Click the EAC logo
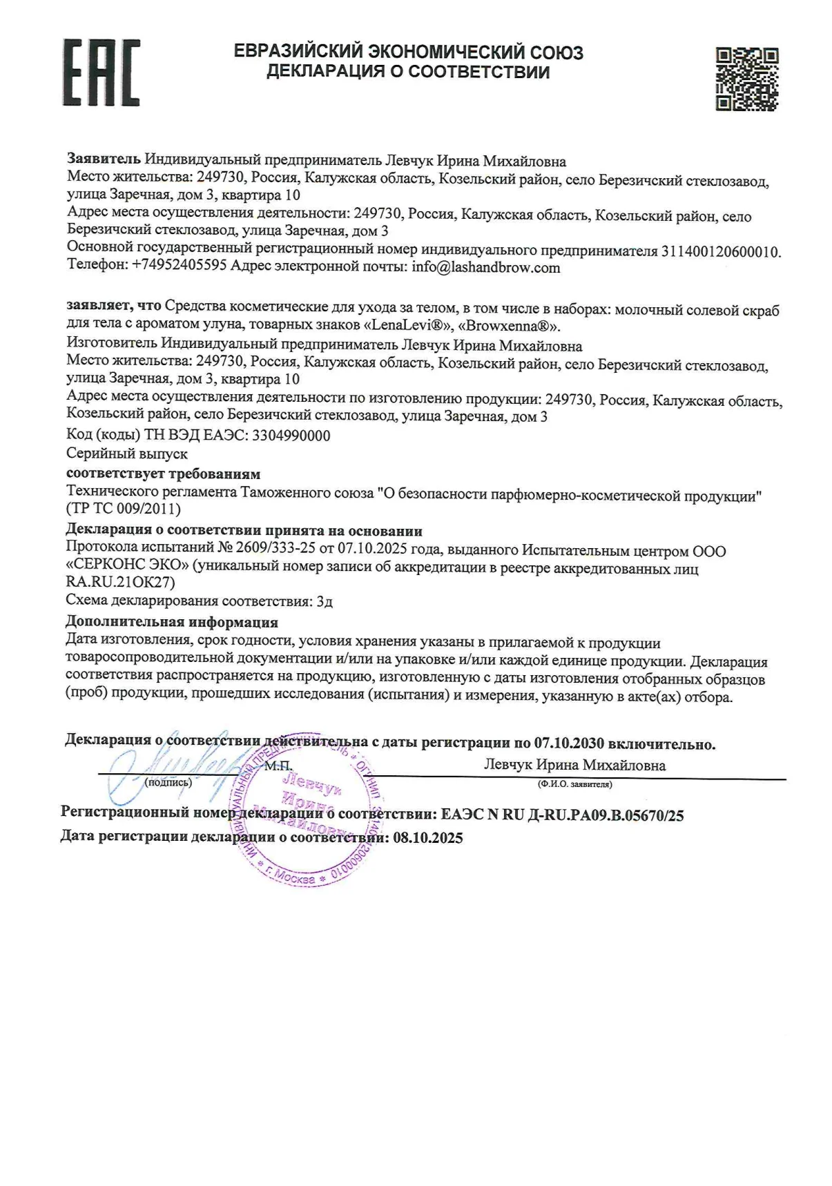[101, 72]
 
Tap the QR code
[746, 79]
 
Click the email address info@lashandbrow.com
[485, 268]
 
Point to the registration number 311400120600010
[720, 251]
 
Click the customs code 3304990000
[291, 436]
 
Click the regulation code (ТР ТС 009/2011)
[124, 509]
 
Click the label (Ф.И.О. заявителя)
[574, 784]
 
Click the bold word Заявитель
[104, 161]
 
